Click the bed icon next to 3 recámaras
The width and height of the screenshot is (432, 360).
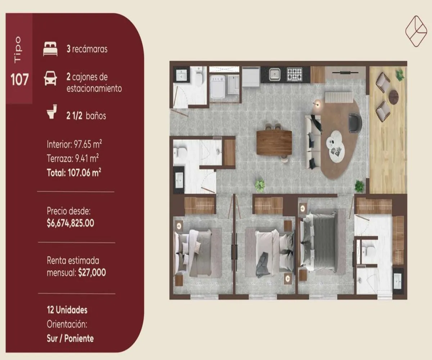coord(50,49)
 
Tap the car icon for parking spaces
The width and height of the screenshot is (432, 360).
coord(50,78)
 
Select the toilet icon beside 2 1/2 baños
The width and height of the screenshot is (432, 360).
coord(52,112)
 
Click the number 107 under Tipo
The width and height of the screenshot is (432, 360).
coord(19,80)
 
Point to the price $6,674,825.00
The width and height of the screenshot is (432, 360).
coord(71,223)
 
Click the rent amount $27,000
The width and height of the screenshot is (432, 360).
coord(92,273)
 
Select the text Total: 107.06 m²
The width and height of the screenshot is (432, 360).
coord(74,172)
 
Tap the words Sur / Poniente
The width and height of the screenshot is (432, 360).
coord(70,338)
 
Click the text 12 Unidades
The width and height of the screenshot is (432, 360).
coord(67,310)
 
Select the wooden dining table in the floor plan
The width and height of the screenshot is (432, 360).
coord(274,143)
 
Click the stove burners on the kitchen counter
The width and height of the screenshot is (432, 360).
coord(294,74)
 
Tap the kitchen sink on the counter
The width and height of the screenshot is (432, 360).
coord(275,74)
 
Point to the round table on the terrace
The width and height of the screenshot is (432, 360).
coord(393,97)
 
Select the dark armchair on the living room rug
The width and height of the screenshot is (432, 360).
coord(355,123)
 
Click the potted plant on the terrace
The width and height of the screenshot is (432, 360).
coord(400,75)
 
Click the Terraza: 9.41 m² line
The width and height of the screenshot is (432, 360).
coord(73,158)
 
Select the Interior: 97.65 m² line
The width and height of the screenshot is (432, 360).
coord(74,145)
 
